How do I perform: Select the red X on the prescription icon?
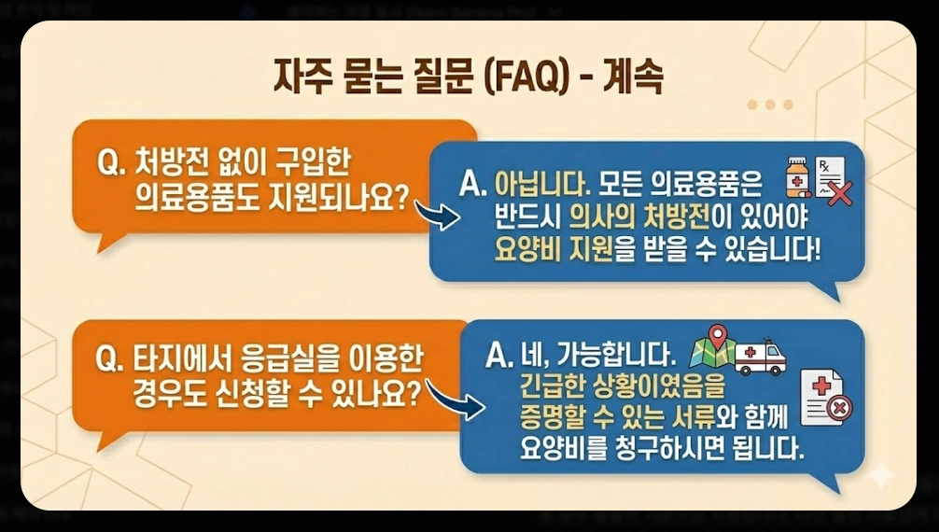pyautogui.click(x=840, y=195)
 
